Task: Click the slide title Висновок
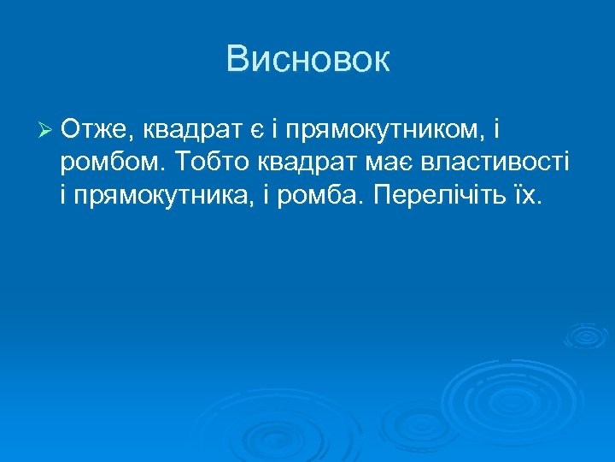pos(307,59)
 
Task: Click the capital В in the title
pos(237,59)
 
